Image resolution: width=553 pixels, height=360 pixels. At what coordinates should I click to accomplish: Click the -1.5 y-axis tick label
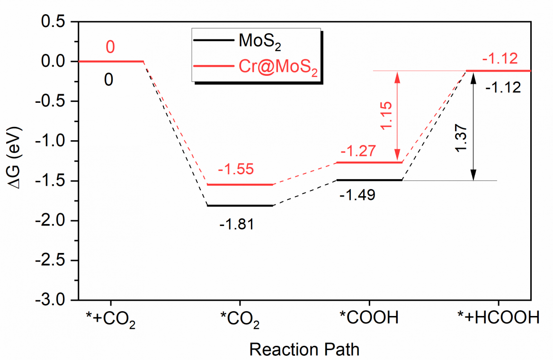click(53, 181)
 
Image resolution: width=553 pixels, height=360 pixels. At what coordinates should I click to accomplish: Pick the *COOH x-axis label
click(369, 317)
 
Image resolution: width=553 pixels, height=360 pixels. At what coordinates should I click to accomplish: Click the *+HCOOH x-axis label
click(498, 317)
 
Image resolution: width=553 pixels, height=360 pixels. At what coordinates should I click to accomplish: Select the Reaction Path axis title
click(304, 350)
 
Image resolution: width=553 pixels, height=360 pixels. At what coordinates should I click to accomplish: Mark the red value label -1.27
click(358, 152)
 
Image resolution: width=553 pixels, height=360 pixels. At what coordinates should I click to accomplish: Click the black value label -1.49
click(358, 195)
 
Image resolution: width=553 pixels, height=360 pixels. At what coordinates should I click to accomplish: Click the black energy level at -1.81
click(240, 206)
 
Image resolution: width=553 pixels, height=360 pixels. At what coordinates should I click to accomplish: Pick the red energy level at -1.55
click(240, 185)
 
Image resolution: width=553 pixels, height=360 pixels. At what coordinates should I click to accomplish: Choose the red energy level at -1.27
click(369, 162)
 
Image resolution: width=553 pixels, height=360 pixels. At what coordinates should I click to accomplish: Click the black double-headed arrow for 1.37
click(472, 126)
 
